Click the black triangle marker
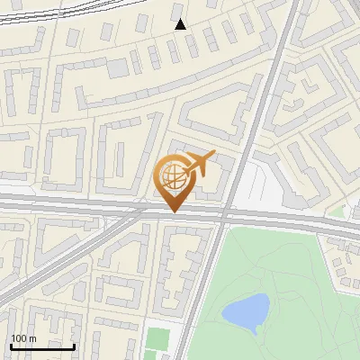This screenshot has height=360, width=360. pyautogui.click(x=180, y=24)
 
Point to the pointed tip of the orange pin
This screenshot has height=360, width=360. pyautogui.click(x=172, y=211)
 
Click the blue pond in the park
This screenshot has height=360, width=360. pyautogui.click(x=245, y=311)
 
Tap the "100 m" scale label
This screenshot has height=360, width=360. pyautogui.click(x=22, y=338)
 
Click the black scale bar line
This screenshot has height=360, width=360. pyautogui.click(x=42, y=346)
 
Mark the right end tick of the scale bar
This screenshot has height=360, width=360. pyautogui.click(x=74, y=345)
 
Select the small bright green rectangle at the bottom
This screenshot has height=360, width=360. pyautogui.click(x=157, y=340)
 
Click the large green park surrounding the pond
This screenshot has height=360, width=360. pyautogui.click(x=288, y=279)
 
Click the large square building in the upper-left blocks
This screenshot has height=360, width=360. pyautogui.click(x=117, y=67)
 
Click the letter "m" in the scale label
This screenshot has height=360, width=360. pyautogui.click(x=31, y=338)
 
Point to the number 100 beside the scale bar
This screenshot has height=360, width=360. pyautogui.click(x=18, y=338)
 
